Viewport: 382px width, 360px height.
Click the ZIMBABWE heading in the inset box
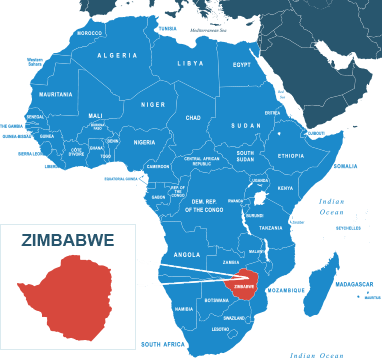click(68, 240)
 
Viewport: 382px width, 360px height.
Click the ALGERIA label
click(117, 55)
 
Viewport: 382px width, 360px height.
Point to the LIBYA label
click(190, 63)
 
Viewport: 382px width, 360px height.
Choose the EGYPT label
click(242, 65)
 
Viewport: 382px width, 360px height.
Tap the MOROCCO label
click(90, 33)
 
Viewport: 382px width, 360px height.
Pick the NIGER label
click(153, 104)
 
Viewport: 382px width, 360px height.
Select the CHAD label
click(193, 117)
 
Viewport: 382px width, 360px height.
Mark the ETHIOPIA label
click(291, 156)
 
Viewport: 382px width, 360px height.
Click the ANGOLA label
click(187, 254)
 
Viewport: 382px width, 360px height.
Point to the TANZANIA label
click(271, 228)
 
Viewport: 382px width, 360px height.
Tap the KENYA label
click(285, 188)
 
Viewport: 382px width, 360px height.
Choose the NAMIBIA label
click(184, 309)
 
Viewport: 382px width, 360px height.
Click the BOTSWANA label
click(216, 300)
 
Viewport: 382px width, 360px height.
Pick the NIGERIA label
click(145, 142)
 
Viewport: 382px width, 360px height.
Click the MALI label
click(96, 115)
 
